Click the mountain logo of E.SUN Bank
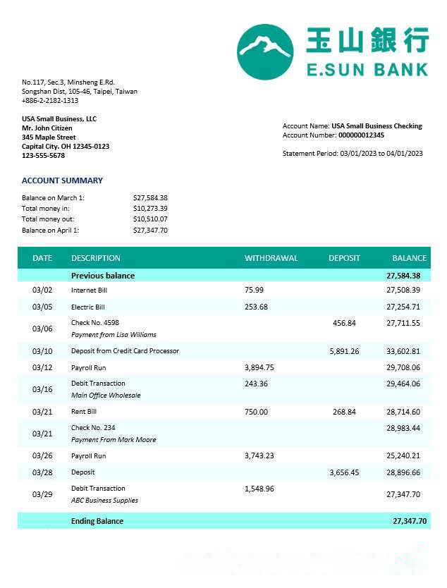[264, 51]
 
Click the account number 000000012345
[361, 135]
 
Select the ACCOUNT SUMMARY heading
[62, 180]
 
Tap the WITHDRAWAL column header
[271, 258]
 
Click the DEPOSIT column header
[344, 258]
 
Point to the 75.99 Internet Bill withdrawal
[254, 290]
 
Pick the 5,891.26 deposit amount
[344, 351]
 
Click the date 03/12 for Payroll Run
[42, 367]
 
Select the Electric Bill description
[88, 307]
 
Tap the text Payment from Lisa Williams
[114, 335]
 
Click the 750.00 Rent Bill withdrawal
[256, 412]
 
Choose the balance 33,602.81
[403, 351]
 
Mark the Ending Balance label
[97, 521]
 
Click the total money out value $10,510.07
[150, 219]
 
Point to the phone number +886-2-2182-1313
[50, 101]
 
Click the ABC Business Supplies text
[104, 501]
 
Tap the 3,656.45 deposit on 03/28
[344, 472]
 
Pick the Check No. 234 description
[93, 428]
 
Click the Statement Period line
[353, 153]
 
